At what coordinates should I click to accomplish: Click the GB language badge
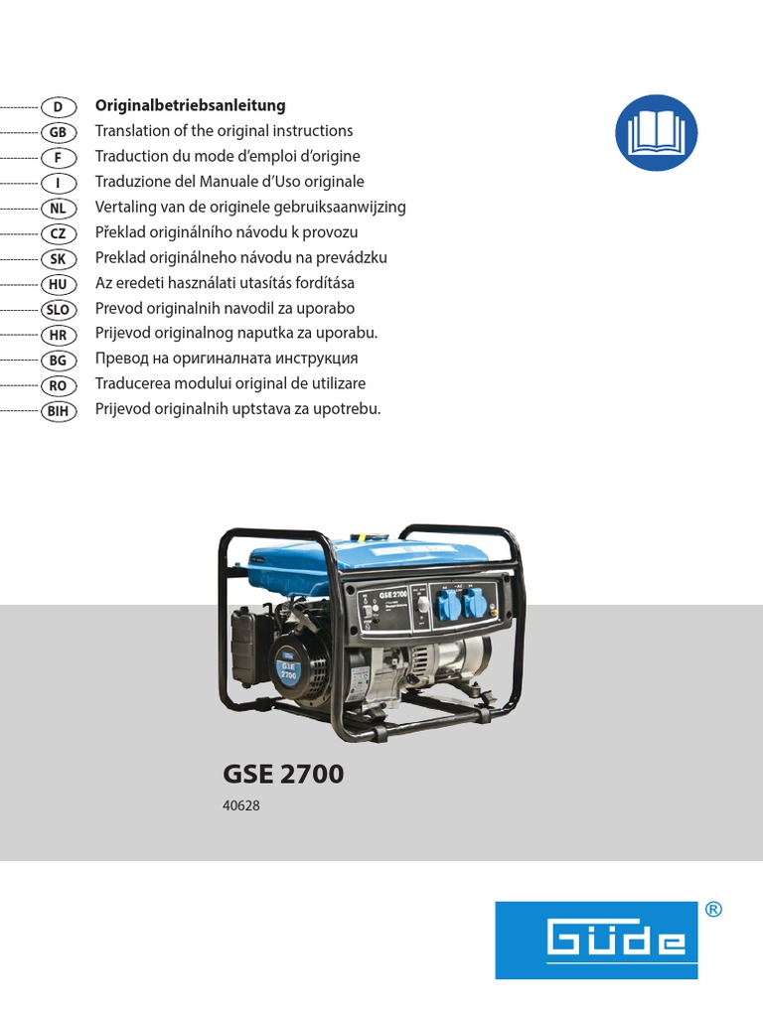(59, 131)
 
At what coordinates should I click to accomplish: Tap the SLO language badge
(59, 309)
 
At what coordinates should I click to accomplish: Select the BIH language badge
(59, 410)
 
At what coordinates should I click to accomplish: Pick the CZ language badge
(59, 232)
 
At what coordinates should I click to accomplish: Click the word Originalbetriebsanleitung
(190, 105)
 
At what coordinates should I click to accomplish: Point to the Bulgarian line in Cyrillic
(227, 359)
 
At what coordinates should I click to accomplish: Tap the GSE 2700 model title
(285, 774)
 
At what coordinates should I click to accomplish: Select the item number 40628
(241, 806)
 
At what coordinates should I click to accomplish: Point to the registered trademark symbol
(712, 910)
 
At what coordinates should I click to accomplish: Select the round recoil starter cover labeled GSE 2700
(289, 662)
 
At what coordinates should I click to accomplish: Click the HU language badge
(59, 283)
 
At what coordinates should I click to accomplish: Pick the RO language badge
(59, 384)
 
